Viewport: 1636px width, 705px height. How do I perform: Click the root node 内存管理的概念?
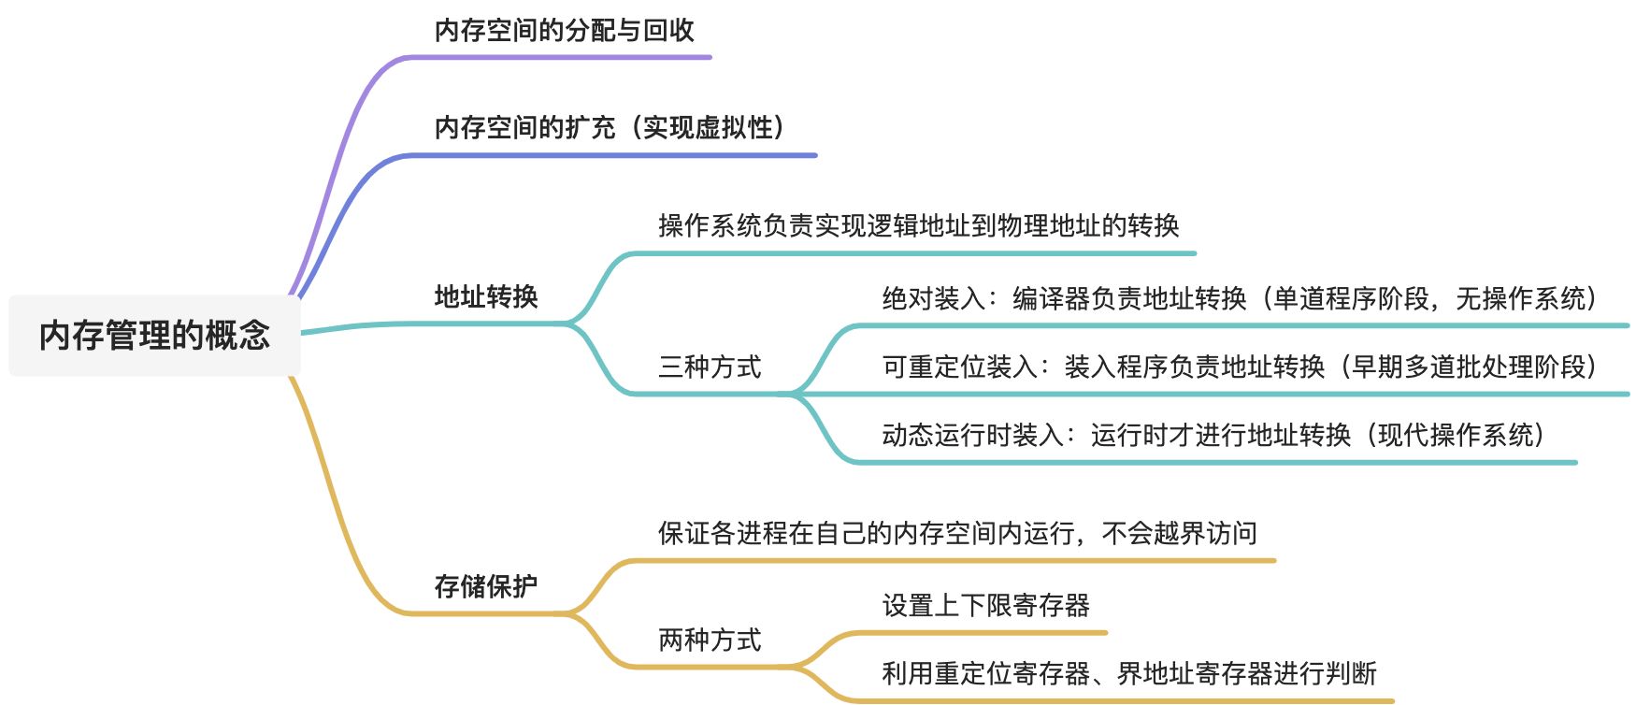(154, 335)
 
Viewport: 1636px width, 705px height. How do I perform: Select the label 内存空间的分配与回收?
(564, 30)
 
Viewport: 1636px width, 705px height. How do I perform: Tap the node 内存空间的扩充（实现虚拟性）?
(613, 127)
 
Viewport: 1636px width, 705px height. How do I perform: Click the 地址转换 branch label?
(486, 296)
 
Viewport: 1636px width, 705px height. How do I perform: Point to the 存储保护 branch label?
(486, 586)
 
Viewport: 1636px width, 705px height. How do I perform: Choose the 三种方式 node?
(710, 367)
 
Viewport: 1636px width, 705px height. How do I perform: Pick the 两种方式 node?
(710, 640)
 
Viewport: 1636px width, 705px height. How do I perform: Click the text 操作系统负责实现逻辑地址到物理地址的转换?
(918, 225)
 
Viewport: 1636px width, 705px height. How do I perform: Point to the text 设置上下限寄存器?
(985, 605)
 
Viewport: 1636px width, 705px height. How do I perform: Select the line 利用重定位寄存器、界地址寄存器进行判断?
(1128, 673)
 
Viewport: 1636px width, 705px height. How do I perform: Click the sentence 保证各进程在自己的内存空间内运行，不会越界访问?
(957, 533)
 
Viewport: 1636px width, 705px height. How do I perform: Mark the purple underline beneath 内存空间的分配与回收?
(561, 57)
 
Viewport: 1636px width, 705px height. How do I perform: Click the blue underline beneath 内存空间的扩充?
(612, 155)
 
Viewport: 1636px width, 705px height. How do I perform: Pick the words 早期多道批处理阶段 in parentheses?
(1469, 367)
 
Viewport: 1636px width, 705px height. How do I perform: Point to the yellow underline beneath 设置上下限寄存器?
(991, 633)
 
